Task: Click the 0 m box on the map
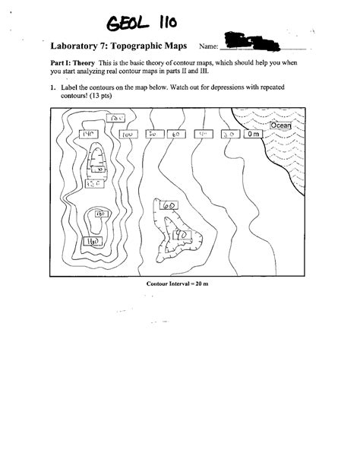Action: coord(253,134)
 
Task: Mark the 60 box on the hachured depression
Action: coord(169,206)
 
